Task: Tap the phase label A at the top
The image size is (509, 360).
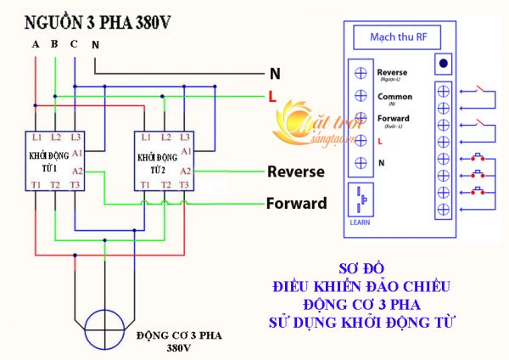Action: click(36, 43)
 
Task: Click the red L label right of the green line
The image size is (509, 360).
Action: click(272, 97)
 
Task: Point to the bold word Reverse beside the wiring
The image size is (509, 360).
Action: click(296, 172)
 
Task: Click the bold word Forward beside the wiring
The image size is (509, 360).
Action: click(296, 204)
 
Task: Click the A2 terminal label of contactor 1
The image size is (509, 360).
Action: click(77, 171)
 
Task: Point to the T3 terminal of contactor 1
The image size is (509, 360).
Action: click(76, 185)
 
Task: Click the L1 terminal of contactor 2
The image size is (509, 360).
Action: click(146, 137)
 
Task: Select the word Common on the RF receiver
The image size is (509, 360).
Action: click(394, 96)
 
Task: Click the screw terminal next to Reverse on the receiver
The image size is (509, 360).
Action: click(361, 73)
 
